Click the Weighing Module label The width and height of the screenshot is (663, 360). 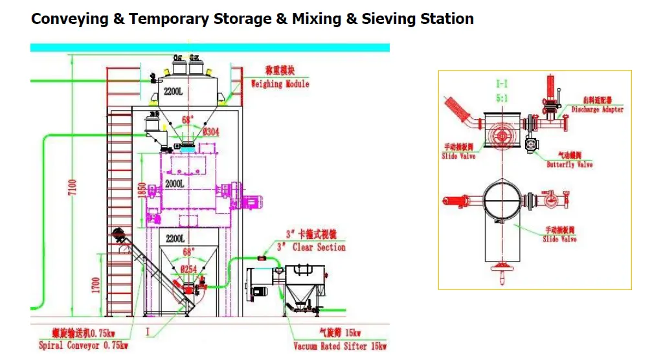280,84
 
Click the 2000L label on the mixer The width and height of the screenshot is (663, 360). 175,184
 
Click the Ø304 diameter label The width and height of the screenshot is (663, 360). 211,133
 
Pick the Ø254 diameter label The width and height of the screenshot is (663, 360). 189,268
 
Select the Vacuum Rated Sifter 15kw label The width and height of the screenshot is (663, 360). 340,346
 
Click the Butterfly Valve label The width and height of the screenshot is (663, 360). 569,164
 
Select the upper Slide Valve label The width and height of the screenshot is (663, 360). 458,156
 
